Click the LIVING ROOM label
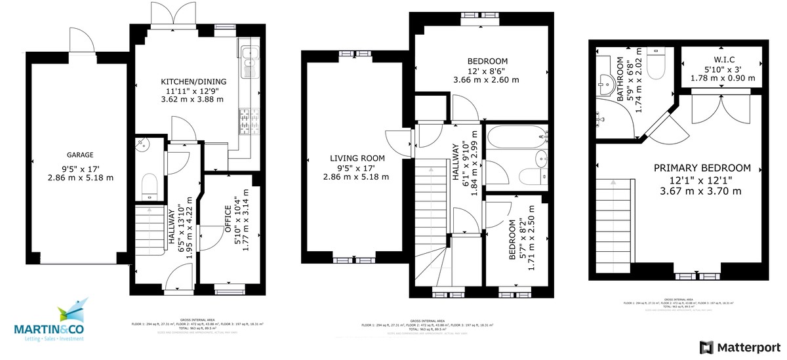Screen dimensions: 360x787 pos(357,158)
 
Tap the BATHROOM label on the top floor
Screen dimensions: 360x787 pos(620,79)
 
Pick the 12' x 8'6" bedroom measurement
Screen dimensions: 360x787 pos(486,71)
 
